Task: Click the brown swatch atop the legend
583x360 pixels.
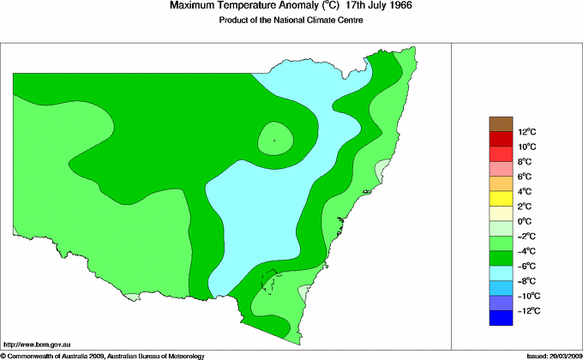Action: click(501, 123)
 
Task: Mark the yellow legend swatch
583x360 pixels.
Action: click(501, 199)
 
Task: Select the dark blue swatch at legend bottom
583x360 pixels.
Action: click(501, 318)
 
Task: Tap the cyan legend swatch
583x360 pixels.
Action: click(501, 273)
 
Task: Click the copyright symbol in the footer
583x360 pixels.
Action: click(3, 355)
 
